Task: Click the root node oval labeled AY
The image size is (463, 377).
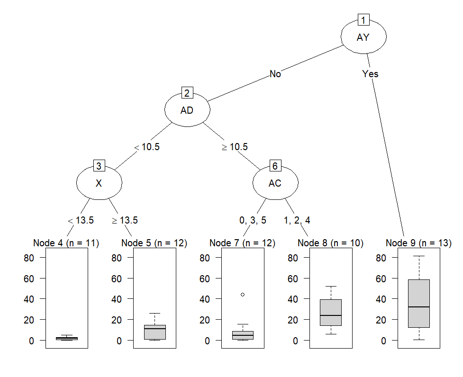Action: coord(363,37)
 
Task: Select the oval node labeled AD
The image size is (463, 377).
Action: coord(187,110)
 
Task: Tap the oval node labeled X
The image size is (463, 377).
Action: coord(99,183)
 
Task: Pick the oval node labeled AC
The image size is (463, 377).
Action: coord(275,183)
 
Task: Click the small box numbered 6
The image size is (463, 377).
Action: coord(275,166)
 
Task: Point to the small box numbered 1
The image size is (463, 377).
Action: coord(363,20)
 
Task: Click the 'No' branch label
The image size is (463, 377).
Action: coord(275,74)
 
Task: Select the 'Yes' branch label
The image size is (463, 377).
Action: coord(370,74)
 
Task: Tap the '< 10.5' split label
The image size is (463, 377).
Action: coord(147,147)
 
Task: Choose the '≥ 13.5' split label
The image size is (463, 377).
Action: coord(125,220)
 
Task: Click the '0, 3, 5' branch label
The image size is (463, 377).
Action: coord(253,220)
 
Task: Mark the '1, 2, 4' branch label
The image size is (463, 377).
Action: coord(297,220)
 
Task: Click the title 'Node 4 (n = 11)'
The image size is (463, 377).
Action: coord(66,243)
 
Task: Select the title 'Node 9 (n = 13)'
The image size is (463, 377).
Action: coord(418,243)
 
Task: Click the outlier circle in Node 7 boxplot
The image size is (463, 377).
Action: coord(243,295)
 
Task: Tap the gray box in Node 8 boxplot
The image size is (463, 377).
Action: coord(331,312)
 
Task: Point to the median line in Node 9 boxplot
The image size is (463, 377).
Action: coord(419,307)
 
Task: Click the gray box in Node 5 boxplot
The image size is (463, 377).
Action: coord(154,332)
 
